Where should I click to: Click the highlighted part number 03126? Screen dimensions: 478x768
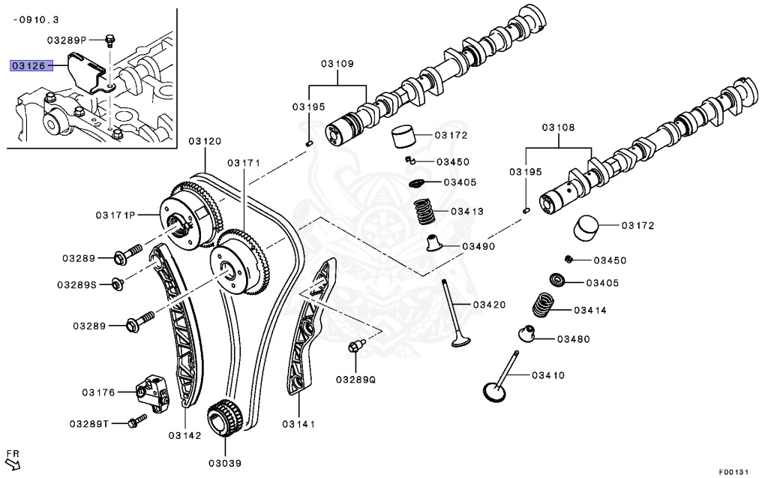click(28, 66)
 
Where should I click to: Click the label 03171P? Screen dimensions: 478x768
click(114, 215)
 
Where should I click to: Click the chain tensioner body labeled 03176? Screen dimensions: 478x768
click(150, 390)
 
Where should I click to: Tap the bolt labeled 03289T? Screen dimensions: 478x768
click(136, 422)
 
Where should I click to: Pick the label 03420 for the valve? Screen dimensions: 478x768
click(489, 305)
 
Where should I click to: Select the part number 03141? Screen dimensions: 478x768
click(298, 425)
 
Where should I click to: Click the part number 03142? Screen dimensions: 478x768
click(184, 435)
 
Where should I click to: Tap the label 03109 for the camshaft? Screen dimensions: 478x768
click(337, 64)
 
